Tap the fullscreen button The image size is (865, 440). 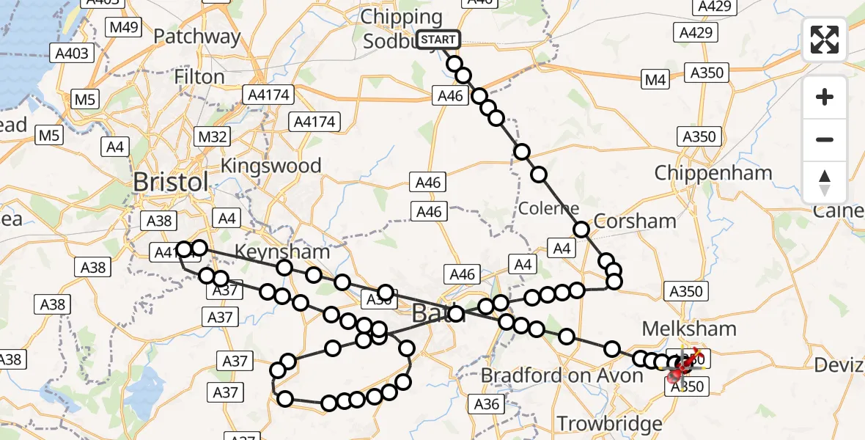(825, 40)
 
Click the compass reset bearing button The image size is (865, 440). (825, 182)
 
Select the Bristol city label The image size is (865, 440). (172, 183)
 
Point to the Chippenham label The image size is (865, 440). (713, 173)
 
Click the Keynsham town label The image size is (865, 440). (281, 252)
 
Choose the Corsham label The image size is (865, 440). (635, 221)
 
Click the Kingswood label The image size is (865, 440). (271, 165)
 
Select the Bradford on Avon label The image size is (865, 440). (562, 375)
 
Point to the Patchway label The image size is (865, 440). (197, 36)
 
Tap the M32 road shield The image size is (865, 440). (211, 136)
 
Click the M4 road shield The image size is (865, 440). (655, 79)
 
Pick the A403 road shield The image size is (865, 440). (72, 53)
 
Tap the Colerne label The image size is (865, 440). (549, 208)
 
